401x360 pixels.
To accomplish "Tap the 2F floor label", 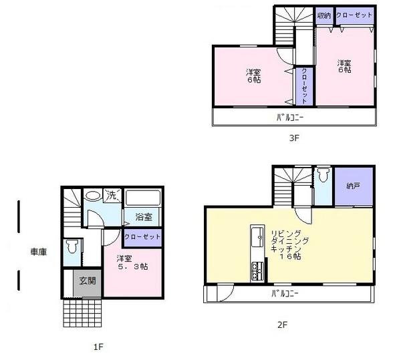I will [283, 325].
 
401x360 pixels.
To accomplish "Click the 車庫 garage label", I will [37, 252].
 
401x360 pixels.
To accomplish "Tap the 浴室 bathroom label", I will [144, 217].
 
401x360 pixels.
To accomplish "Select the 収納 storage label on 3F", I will [324, 15].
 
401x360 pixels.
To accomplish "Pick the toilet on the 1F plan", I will [73, 247].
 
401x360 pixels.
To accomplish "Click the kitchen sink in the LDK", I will [256, 236].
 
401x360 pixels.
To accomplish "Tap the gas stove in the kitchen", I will [256, 271].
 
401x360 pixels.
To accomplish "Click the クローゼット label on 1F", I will [142, 237].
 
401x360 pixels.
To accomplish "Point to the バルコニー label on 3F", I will [290, 118].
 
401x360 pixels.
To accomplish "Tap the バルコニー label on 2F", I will [284, 294].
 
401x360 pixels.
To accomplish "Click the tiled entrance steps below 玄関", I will [83, 311].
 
